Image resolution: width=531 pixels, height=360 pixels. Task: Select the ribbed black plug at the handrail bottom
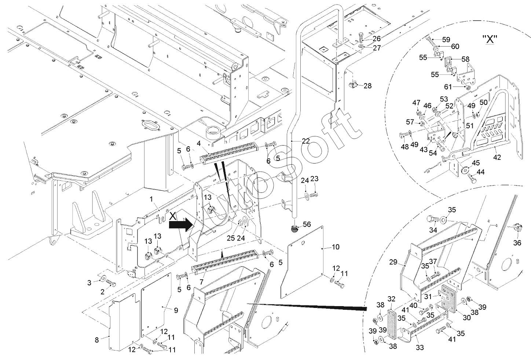(x=294, y=229)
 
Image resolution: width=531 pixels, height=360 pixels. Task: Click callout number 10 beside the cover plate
(x=336, y=247)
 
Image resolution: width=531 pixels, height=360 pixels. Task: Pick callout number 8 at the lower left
(x=97, y=339)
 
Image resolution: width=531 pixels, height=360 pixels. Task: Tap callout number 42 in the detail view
(x=497, y=157)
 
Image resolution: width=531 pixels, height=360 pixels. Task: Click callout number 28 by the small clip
(x=367, y=86)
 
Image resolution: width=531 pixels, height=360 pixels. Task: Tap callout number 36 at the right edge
(x=517, y=242)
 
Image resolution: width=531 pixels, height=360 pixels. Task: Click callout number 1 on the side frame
(x=151, y=199)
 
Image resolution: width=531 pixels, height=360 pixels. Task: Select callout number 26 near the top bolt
(x=377, y=38)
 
